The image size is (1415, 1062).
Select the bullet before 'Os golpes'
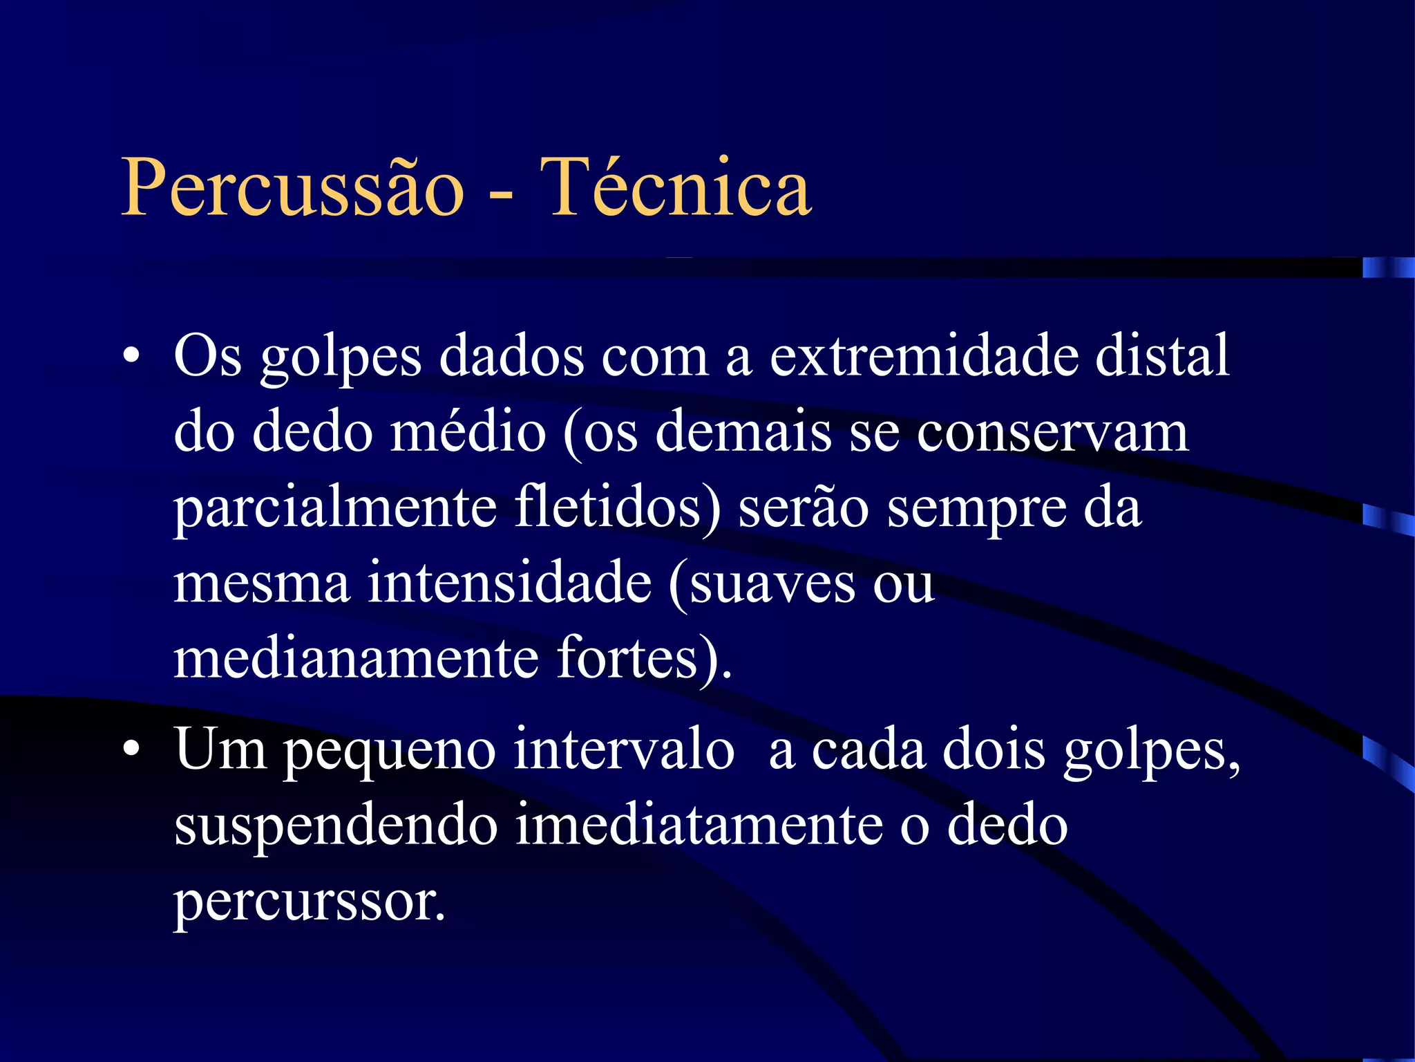131,357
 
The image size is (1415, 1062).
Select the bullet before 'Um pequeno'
131,750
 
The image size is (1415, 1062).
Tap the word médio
468,432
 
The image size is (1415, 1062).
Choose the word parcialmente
335,508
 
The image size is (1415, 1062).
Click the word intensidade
509,582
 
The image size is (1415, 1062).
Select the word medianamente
356,658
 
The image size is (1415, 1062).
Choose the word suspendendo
336,826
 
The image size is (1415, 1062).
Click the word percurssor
309,902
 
